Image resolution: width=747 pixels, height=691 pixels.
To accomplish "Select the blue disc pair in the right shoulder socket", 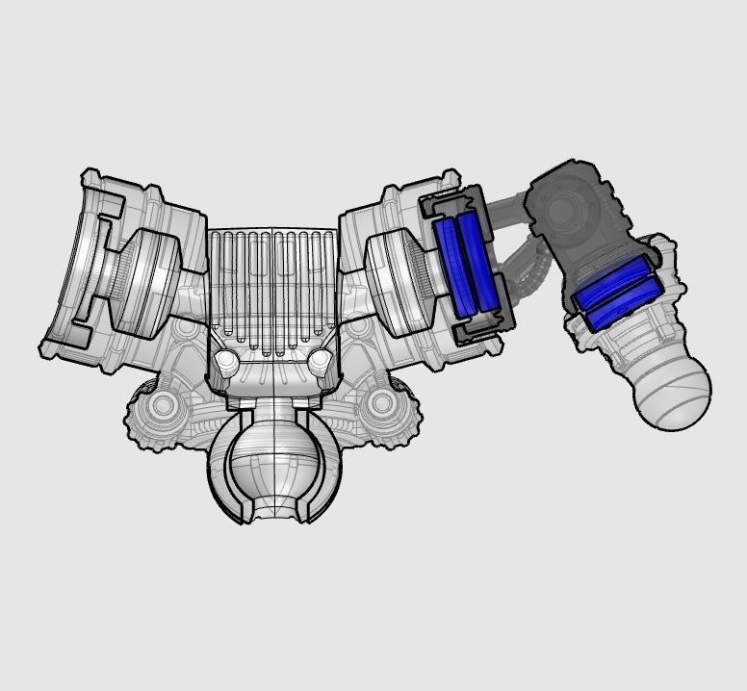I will [467, 266].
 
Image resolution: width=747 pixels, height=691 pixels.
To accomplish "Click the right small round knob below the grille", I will [321, 362].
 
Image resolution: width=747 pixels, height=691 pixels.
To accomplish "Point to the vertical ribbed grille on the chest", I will [273, 284].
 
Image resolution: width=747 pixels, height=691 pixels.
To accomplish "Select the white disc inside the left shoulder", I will [149, 279].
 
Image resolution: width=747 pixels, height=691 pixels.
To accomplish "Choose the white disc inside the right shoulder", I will [395, 279].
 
